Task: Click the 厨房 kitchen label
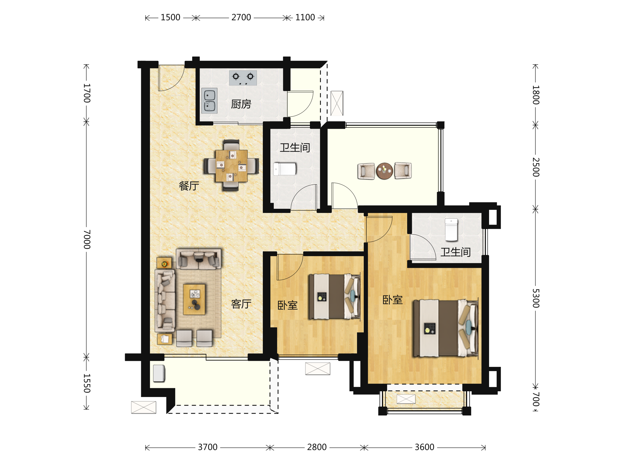pos(241,104)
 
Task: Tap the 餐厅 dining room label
pos(189,186)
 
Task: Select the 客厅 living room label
pos(241,304)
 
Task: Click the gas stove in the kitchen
pos(243,78)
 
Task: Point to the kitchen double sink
pos(209,101)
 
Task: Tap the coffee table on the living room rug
pos(194,299)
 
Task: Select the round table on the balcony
pos(384,171)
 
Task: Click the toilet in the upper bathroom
pos(285,169)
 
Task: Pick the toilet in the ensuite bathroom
pos(451,230)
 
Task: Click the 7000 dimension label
pos(87,239)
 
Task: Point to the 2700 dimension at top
pos(241,17)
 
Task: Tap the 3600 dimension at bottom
pos(424,447)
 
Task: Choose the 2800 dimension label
pos(317,447)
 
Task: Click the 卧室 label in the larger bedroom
pos(392,300)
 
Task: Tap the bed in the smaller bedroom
pos(334,296)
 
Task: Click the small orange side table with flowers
pos(164,263)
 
